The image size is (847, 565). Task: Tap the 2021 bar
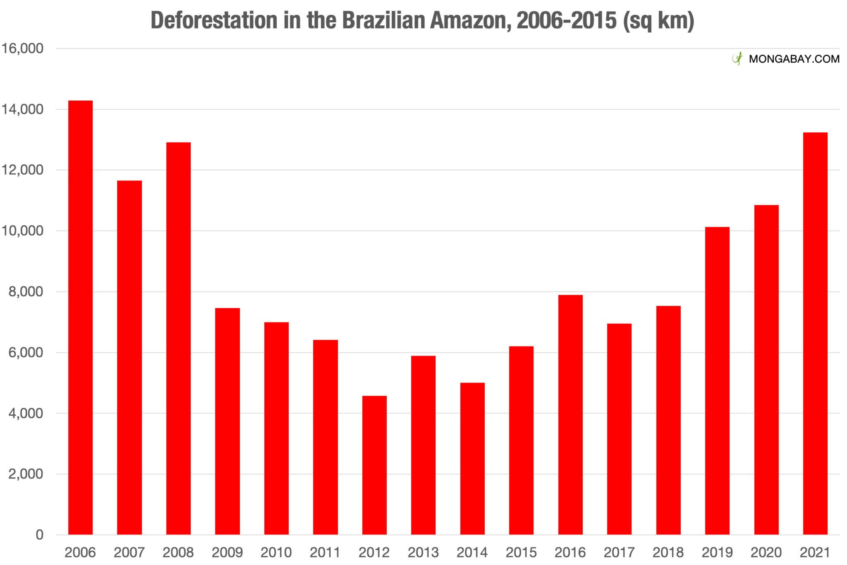click(x=815, y=333)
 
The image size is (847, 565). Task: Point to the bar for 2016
click(x=570, y=414)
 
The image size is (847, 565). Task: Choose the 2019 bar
click(x=717, y=380)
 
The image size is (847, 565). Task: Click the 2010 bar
click(x=276, y=428)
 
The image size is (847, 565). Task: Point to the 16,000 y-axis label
click(x=22, y=48)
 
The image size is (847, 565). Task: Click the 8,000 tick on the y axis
click(x=26, y=292)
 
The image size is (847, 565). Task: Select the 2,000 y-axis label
click(x=26, y=474)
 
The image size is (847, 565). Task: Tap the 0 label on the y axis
click(x=39, y=535)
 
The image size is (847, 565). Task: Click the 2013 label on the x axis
click(x=423, y=552)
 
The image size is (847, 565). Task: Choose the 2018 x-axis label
click(x=668, y=552)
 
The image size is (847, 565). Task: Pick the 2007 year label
click(x=129, y=552)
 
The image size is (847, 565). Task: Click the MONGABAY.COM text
click(x=794, y=59)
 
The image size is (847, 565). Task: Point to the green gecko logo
click(x=737, y=59)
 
